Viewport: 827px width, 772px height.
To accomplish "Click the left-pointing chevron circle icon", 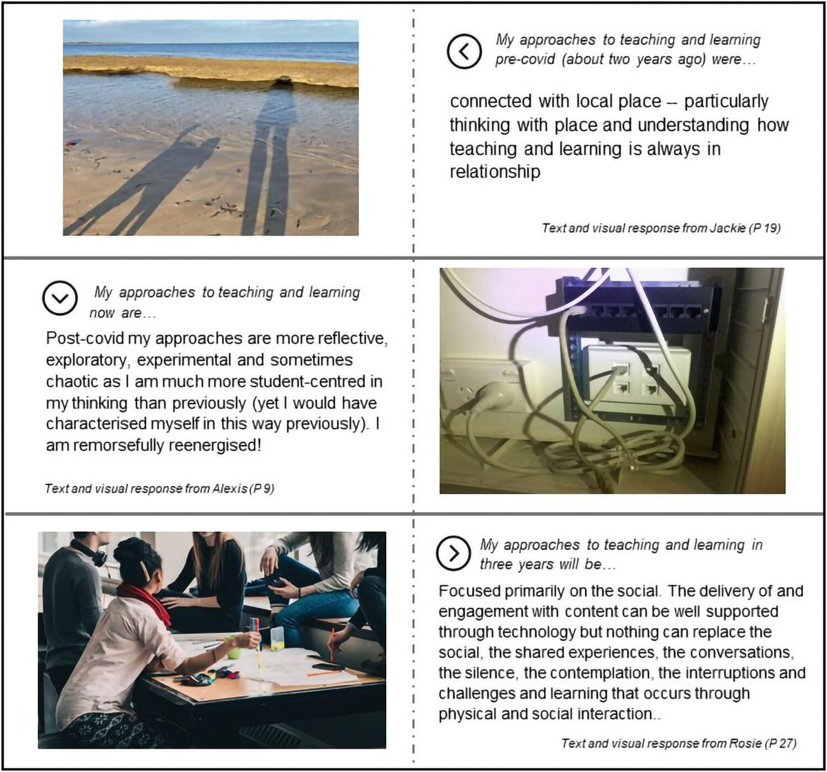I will point(464,52).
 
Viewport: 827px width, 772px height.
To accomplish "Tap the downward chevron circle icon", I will point(59,297).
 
